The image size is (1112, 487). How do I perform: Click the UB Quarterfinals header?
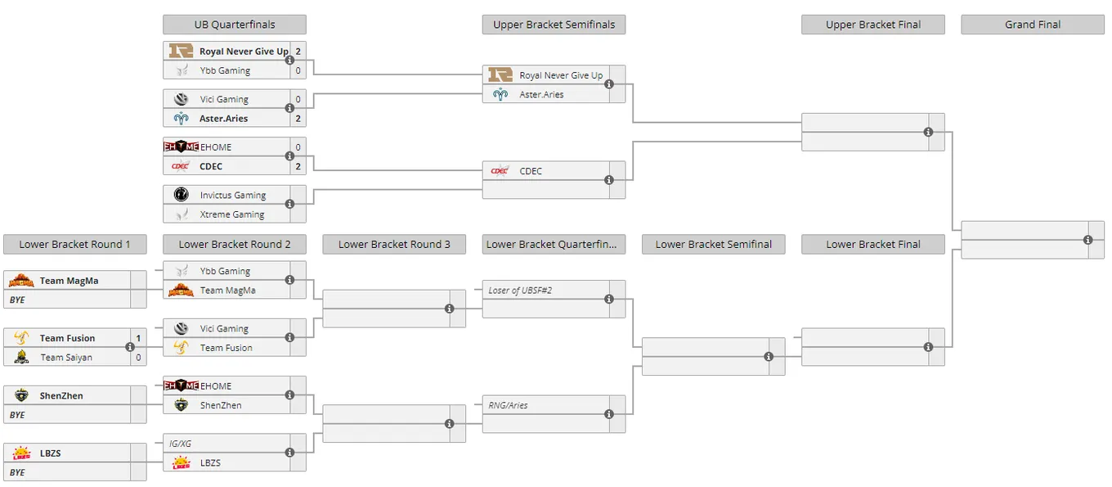tap(235, 25)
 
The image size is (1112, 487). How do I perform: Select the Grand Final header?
tap(1033, 25)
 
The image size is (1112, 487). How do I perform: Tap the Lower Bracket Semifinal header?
tap(713, 244)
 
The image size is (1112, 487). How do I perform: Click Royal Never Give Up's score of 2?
tap(298, 52)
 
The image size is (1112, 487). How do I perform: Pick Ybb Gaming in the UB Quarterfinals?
tap(225, 70)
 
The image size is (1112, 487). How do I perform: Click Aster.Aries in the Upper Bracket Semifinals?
tap(541, 94)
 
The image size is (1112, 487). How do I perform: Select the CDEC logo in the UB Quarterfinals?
tap(180, 166)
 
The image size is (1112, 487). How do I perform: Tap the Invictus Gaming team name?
tap(233, 196)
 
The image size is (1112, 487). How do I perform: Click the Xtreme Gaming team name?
tap(232, 214)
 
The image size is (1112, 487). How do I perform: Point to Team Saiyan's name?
tap(66, 358)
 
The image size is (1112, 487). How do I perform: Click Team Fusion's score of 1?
tap(138, 338)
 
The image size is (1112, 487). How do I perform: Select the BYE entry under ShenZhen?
tap(17, 415)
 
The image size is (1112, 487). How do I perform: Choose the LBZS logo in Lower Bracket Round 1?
tap(21, 453)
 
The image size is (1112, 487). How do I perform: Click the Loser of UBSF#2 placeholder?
tap(520, 291)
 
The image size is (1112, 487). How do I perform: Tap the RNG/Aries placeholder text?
tap(508, 405)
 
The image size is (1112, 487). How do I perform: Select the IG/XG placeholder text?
tap(180, 444)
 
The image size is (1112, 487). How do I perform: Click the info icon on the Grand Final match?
tap(1087, 240)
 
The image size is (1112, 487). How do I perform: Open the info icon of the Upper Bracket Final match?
tap(928, 133)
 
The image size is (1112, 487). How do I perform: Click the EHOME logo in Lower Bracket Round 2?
tap(181, 386)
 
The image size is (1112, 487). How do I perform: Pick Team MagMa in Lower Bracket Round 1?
tap(69, 281)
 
